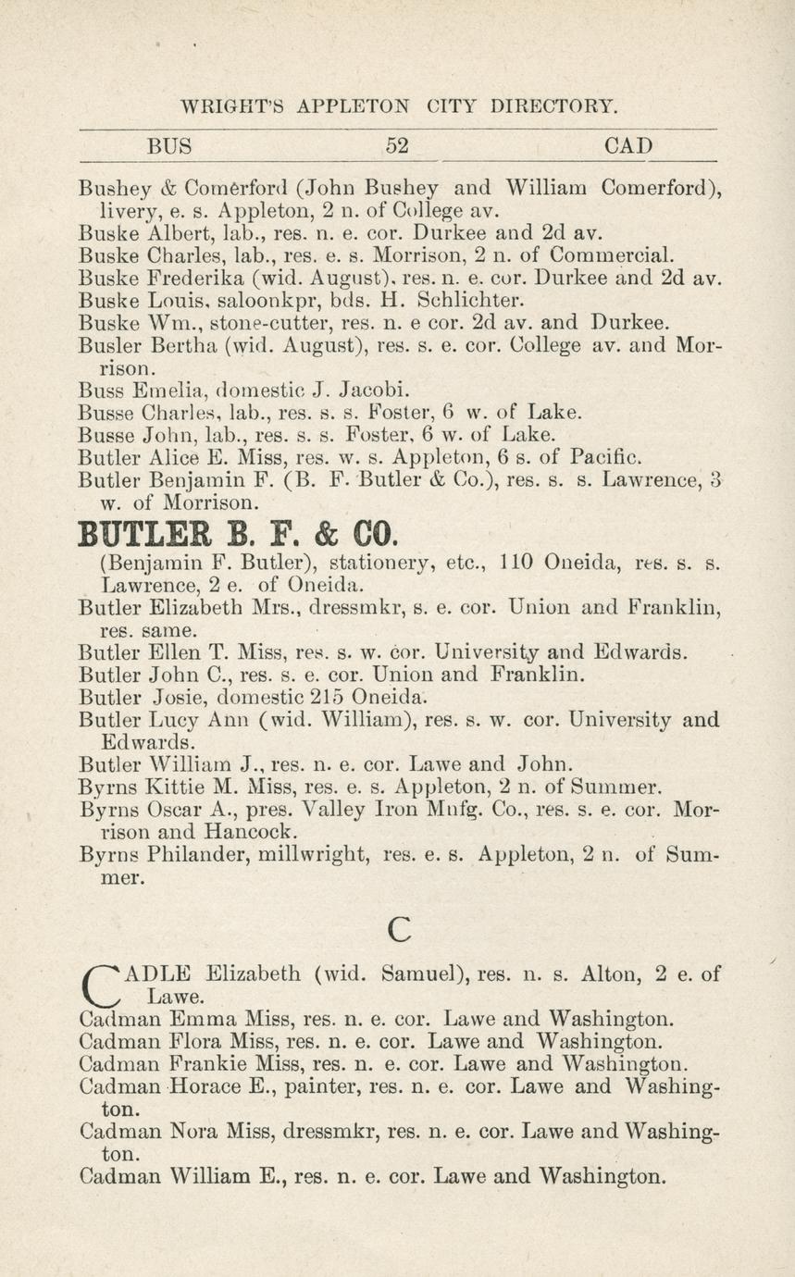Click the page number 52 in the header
(397, 146)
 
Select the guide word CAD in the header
(627, 146)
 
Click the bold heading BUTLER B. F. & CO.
(239, 535)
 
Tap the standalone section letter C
(399, 928)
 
